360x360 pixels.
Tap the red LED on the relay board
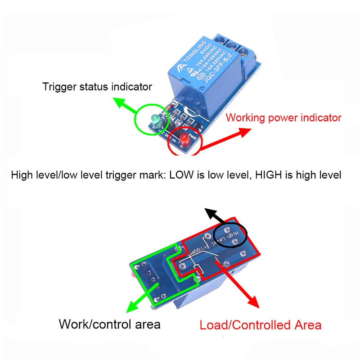pyautogui.click(x=184, y=141)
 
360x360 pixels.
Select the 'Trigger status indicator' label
pyautogui.click(x=97, y=86)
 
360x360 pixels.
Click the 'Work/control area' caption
pyautogui.click(x=109, y=324)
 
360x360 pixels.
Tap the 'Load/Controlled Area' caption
pyautogui.click(x=261, y=325)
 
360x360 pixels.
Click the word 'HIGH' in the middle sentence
pyautogui.click(x=270, y=175)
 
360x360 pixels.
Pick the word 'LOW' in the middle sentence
pyautogui.click(x=181, y=175)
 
